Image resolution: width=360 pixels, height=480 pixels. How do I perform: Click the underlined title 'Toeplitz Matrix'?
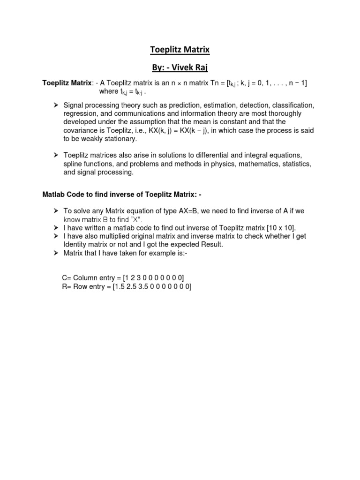coord(180,49)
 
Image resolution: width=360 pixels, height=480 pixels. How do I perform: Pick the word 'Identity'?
coord(76,245)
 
